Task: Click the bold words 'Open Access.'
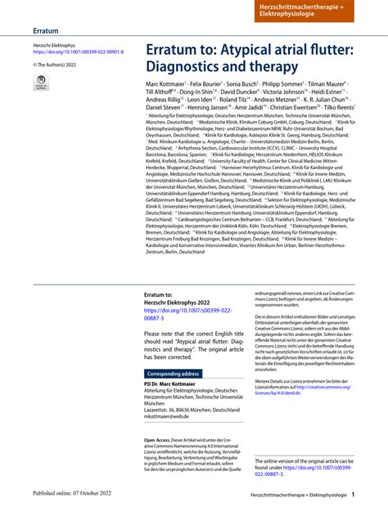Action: (x=162, y=439)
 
